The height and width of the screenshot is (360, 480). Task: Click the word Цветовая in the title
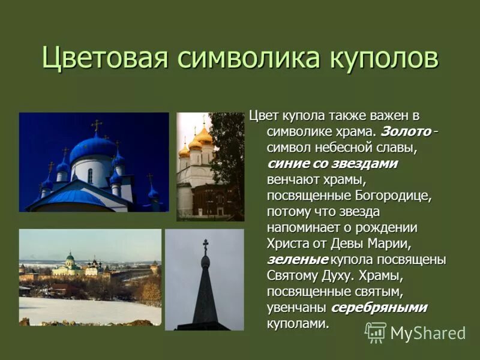click(104, 59)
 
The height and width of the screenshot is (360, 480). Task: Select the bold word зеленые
click(298, 260)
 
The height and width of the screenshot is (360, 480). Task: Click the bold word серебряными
click(379, 308)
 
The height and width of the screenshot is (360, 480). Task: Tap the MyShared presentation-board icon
click(376, 332)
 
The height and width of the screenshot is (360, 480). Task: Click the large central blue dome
click(92, 148)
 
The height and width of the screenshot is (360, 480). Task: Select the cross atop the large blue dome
click(96, 125)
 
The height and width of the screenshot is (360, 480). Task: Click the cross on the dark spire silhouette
click(205, 245)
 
